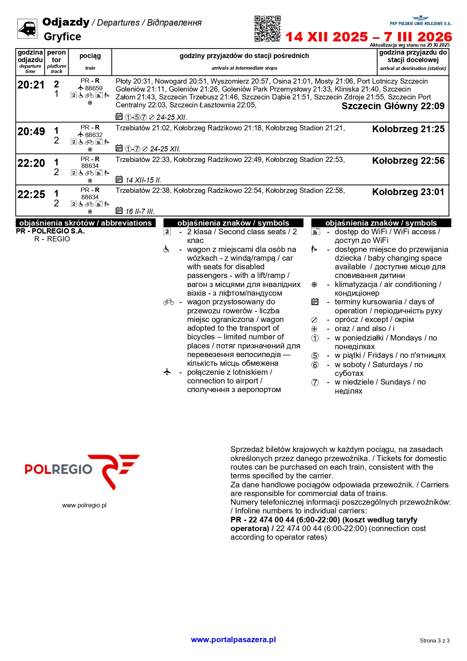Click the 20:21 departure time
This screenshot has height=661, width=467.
click(31, 85)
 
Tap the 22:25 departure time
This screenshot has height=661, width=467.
click(31, 194)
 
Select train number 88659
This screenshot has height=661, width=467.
click(93, 88)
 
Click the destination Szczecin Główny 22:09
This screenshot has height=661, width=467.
click(393, 106)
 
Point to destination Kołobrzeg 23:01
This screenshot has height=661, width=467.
click(408, 192)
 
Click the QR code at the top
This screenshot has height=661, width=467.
click(267, 29)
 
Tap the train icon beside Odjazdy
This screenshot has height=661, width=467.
click(27, 29)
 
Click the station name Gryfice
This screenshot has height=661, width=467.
click(63, 37)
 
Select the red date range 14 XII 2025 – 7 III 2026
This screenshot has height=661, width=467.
click(368, 37)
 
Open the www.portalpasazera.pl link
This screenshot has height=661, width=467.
click(233, 640)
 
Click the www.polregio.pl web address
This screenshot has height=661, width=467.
click(84, 505)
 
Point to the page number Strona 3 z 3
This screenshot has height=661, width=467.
click(435, 640)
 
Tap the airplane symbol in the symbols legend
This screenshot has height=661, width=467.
click(167, 372)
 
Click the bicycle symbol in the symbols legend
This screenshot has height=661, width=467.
click(169, 302)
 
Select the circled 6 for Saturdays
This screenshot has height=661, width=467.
click(315, 365)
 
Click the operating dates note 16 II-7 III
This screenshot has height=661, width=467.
click(140, 211)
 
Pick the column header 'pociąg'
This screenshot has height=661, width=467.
click(90, 56)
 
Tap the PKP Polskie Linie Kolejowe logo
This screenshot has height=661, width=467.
click(420, 21)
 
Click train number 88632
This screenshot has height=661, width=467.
click(93, 135)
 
